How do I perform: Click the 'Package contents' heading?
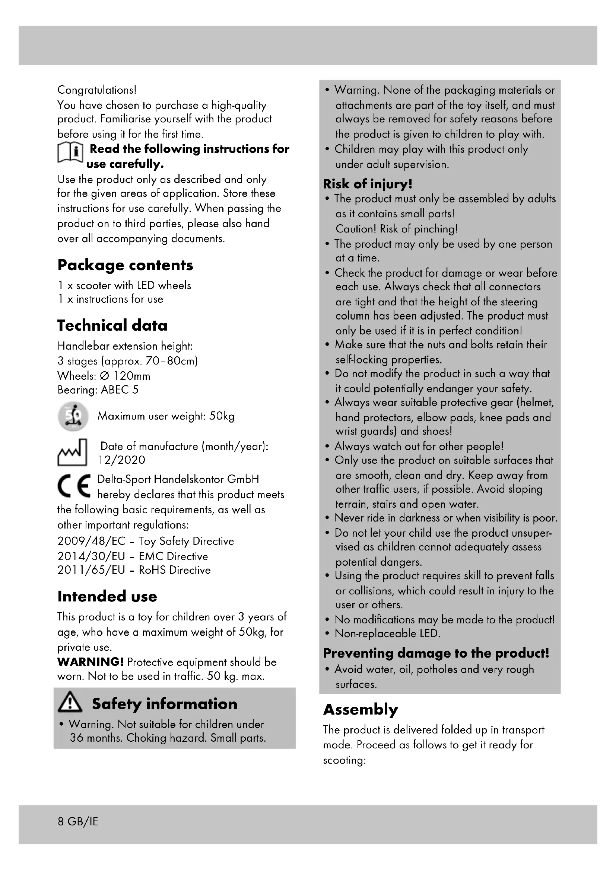pos(125,265)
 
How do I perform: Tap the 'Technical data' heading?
pos(112,325)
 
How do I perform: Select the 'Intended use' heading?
pos(107,596)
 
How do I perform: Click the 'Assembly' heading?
pos(361,709)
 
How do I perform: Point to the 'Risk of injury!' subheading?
pos(368,184)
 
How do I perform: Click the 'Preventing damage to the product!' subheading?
pos(436,653)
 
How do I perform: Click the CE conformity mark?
pos(74,486)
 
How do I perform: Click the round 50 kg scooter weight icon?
pos(73,416)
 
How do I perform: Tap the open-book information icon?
pos(70,154)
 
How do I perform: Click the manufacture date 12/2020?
pos(121,460)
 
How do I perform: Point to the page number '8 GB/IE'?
pos(78,822)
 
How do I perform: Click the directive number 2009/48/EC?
pos(91,541)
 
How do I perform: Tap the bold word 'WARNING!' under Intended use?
pos(90,662)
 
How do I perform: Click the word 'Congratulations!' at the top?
pos(97,90)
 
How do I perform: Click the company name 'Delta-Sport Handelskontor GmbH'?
pos(178,479)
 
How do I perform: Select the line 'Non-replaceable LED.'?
pos(387,633)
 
